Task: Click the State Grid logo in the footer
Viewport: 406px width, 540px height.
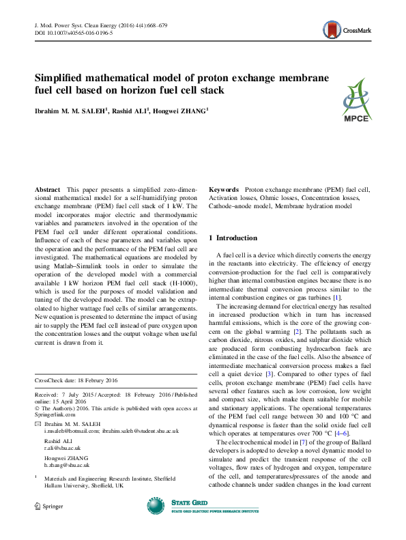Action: coord(190,524)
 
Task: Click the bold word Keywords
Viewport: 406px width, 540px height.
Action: coord(223,188)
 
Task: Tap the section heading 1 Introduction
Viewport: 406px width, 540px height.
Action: coord(237,238)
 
